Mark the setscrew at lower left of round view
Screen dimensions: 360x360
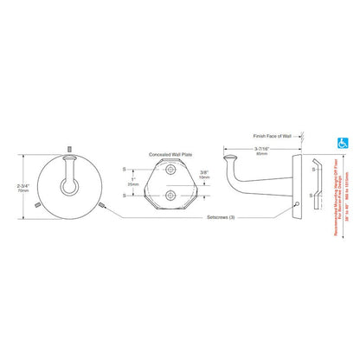35,206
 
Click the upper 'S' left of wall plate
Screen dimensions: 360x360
126,169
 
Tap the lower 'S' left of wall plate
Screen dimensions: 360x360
126,195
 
